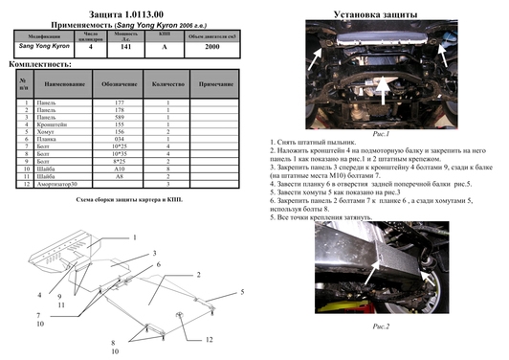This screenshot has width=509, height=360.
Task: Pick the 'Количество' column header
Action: (x=166, y=85)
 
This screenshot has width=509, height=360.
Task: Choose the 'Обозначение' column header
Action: (x=119, y=85)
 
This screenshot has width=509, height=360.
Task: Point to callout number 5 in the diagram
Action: (x=243, y=290)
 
